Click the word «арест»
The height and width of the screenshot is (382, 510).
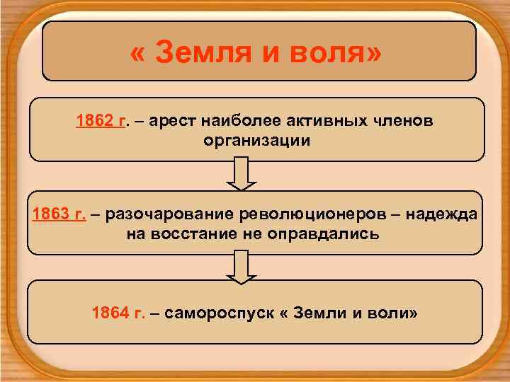click(x=173, y=121)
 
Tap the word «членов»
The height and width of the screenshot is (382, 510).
click(x=399, y=121)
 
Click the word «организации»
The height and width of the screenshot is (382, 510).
click(x=256, y=139)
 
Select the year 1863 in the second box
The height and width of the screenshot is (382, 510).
click(x=51, y=214)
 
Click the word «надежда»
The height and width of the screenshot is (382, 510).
click(x=438, y=214)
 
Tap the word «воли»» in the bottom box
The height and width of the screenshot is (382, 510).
click(x=390, y=312)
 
